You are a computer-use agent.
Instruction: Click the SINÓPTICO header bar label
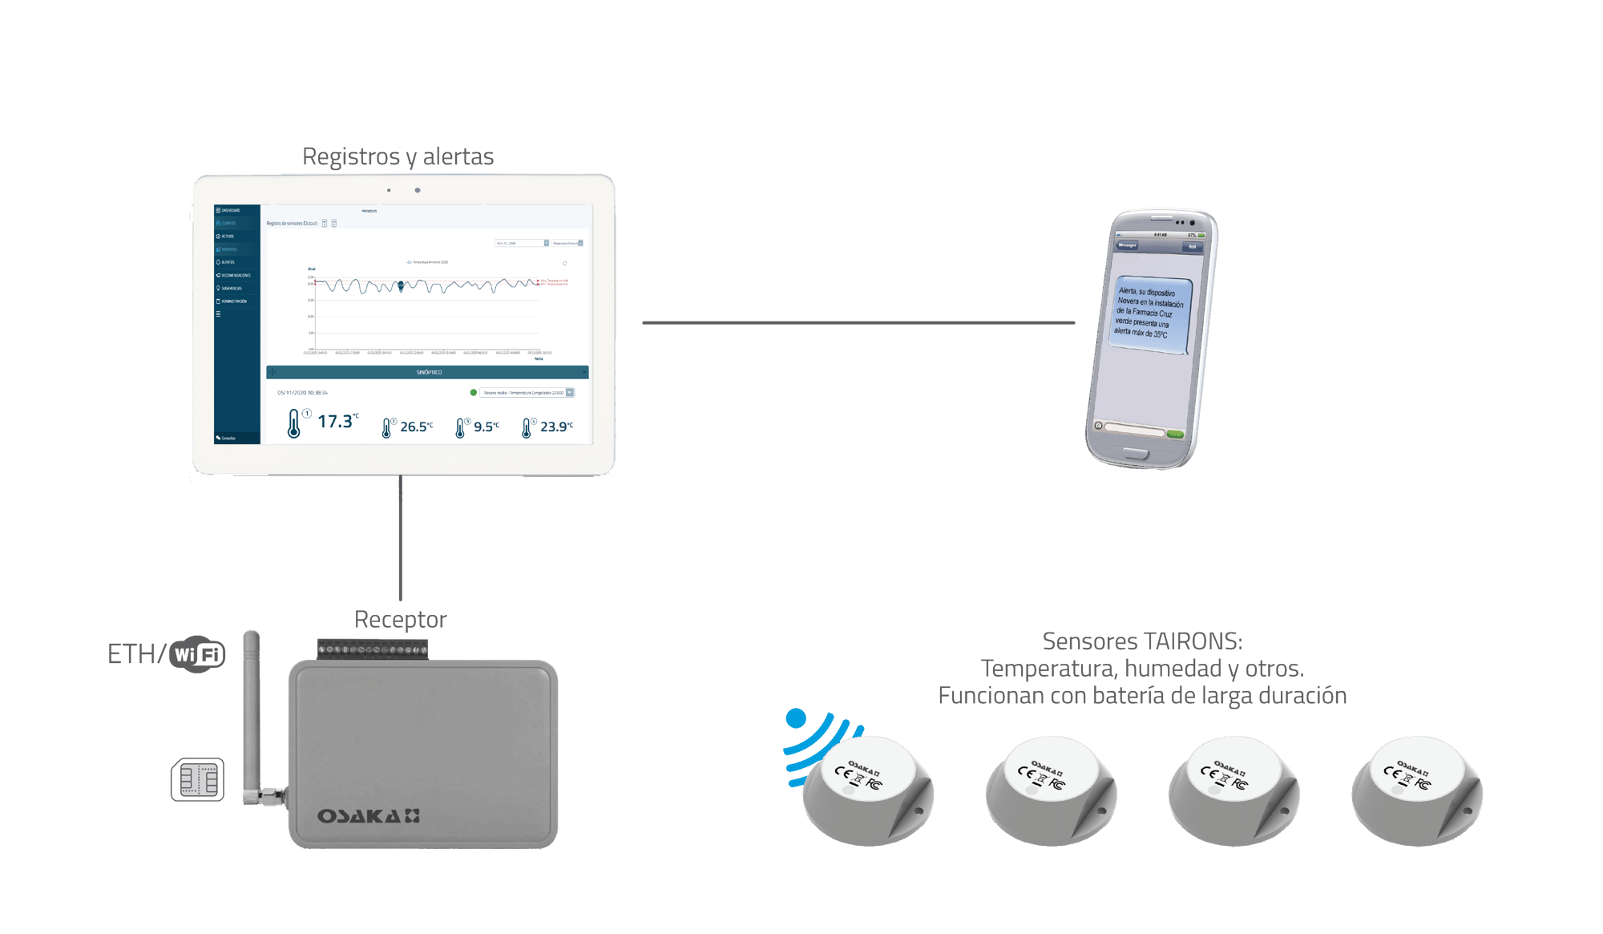[x=429, y=372]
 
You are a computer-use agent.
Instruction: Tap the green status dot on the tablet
[x=473, y=393]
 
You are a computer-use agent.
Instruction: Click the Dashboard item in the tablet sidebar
[x=229, y=210]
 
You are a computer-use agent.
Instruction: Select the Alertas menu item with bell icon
[x=227, y=262]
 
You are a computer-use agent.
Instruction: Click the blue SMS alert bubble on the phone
[x=1149, y=313]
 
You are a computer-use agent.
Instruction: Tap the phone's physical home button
[x=1135, y=454]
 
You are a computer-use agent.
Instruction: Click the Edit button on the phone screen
[x=1192, y=247]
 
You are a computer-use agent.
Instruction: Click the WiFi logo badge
[x=197, y=654]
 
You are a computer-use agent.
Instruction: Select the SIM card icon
[x=198, y=779]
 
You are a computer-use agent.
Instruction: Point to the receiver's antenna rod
[x=252, y=706]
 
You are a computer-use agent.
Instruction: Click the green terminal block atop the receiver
[x=373, y=649]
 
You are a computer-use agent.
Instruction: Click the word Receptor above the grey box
[x=400, y=620]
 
